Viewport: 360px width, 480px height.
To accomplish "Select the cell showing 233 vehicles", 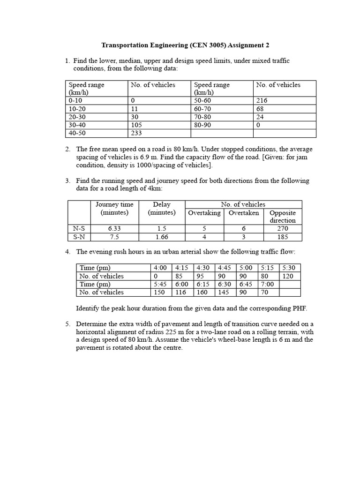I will pos(137,133).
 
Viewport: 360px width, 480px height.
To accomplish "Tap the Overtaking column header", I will pos(204,213).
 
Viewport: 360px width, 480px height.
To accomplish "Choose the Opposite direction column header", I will pos(283,216).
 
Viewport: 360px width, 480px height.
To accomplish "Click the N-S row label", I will pos(79,229).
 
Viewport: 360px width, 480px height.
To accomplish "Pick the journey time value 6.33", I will pos(114,229).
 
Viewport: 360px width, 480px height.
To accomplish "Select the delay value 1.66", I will pos(162,237).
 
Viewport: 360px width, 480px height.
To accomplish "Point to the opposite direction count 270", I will pos(283,229).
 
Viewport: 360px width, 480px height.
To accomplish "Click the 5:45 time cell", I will pos(160,284).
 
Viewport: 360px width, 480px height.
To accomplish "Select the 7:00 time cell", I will pos(268,284).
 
